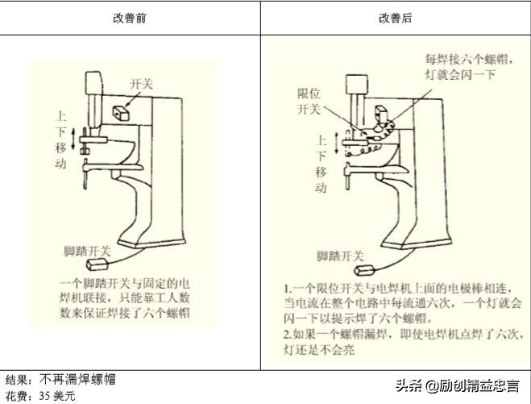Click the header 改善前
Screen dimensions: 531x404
[130, 17]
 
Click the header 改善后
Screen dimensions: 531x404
[395, 17]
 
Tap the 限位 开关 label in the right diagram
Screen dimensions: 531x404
[309, 101]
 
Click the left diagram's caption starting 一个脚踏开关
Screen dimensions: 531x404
[124, 298]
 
